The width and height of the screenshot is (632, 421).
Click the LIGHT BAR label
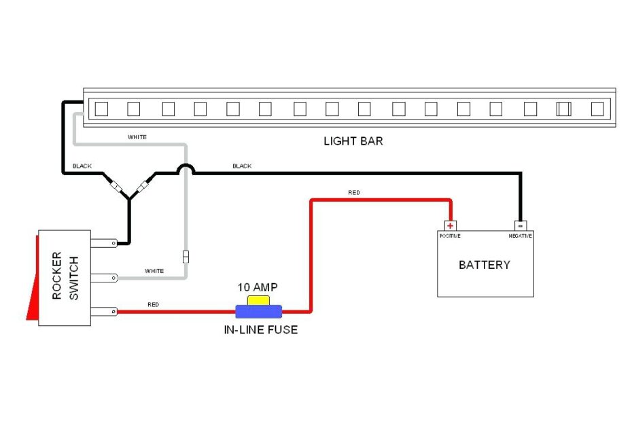pos(353,141)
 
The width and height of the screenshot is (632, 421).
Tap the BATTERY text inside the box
pos(485,265)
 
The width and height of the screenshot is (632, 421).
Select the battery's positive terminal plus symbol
pos(450,225)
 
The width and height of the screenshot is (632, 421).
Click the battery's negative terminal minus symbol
pos(521,225)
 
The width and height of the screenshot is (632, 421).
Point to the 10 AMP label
pos(257,287)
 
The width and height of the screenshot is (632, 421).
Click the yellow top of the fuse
pos(258,300)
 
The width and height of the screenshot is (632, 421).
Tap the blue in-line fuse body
pos(258,312)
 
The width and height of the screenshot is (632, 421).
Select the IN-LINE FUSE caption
pos(260,330)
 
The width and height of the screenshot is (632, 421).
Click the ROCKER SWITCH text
pos(65,276)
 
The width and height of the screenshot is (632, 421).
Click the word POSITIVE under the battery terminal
pos(449,236)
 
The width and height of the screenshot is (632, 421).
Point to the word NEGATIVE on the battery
pos(520,236)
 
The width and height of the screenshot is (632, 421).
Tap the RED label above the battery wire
pos(354,193)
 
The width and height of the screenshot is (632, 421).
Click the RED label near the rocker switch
pos(153,305)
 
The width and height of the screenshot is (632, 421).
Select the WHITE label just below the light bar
pos(137,137)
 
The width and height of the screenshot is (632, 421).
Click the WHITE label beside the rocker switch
pos(154,271)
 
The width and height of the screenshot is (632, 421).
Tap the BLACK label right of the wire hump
pos(242,166)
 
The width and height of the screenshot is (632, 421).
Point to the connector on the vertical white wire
pos(186,257)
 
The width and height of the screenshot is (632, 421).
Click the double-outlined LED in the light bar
pos(563,109)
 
